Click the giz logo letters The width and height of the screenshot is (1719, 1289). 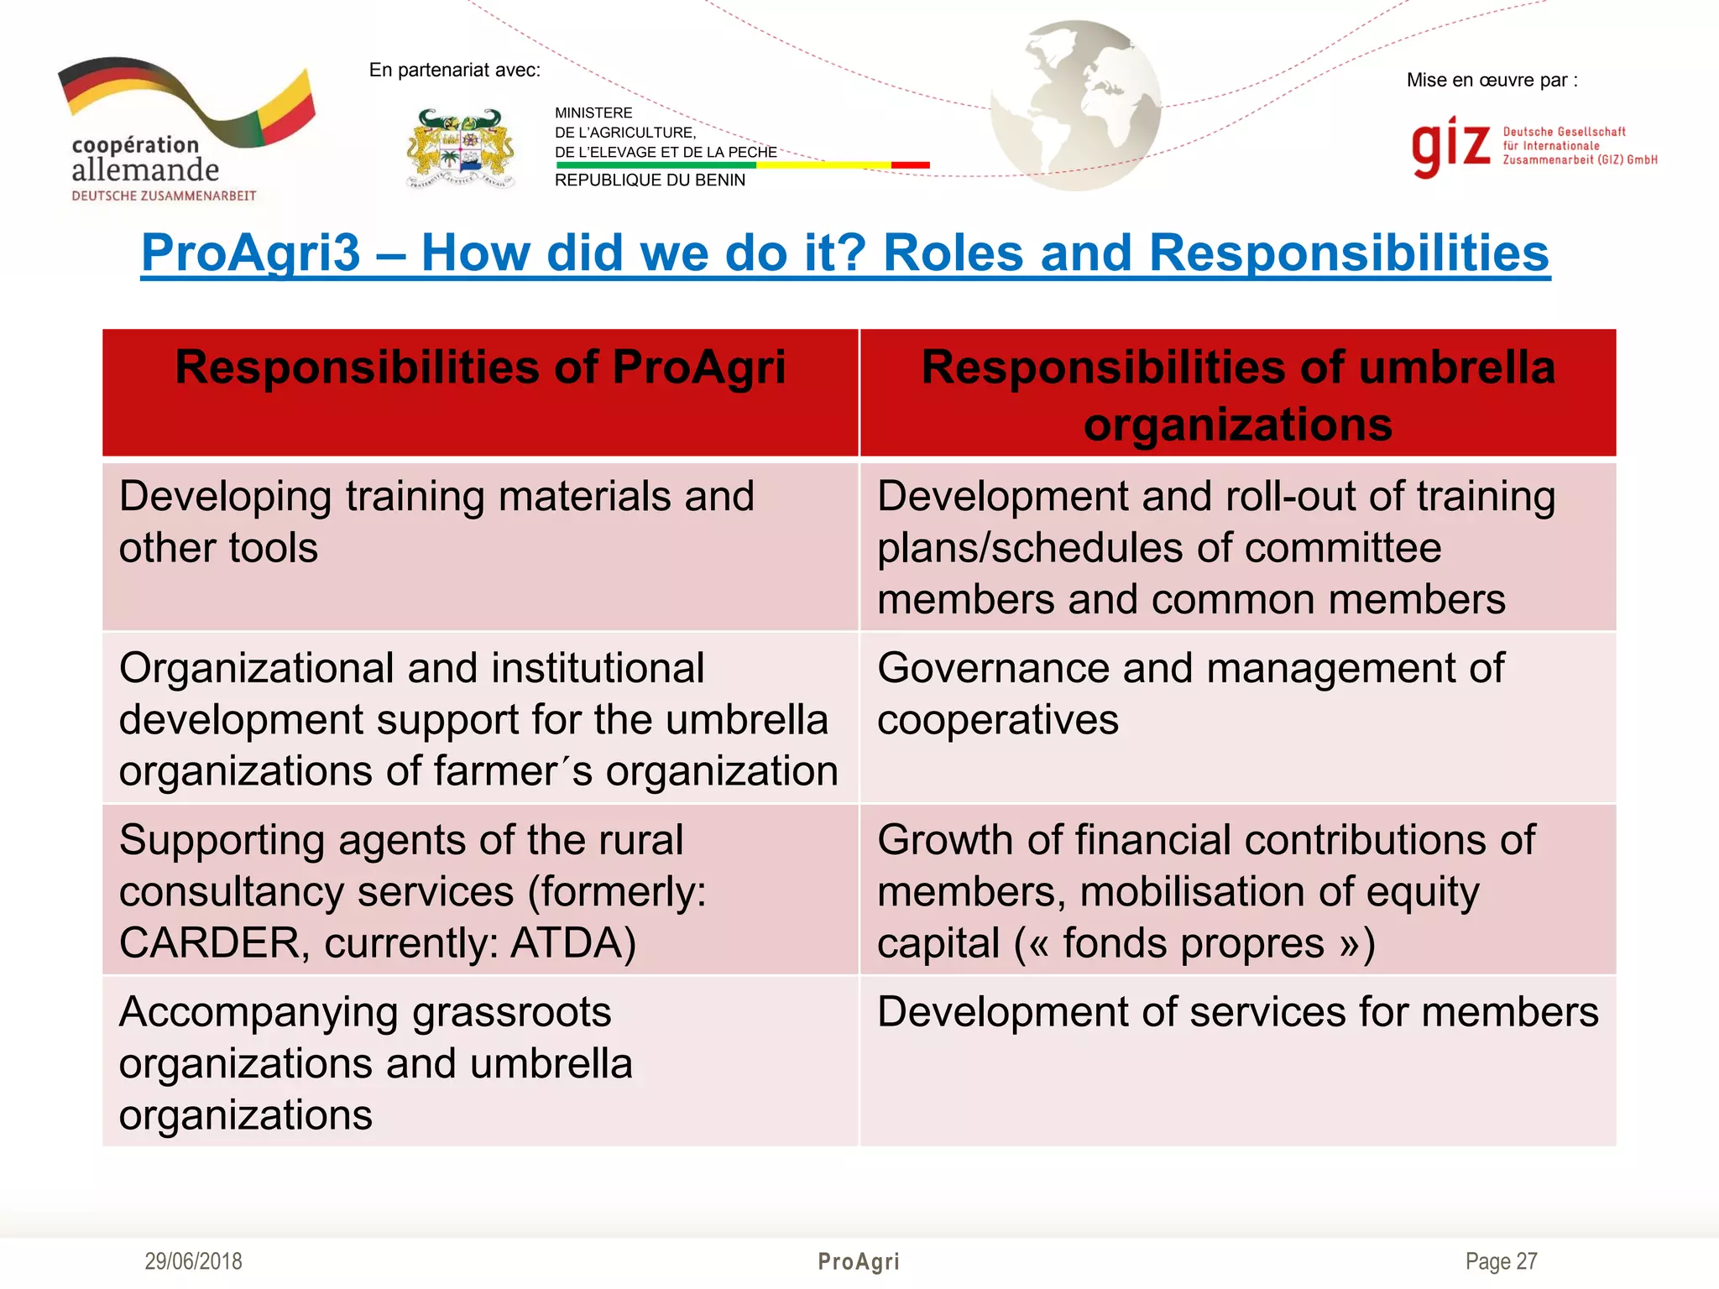coord(1450,146)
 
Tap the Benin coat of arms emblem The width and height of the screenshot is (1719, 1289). coord(460,149)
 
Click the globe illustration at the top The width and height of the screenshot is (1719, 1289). coord(1075,105)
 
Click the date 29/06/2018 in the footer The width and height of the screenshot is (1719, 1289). coord(193,1261)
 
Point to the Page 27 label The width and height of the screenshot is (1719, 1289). coord(1501,1261)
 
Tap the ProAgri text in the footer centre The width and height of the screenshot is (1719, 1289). coord(859,1261)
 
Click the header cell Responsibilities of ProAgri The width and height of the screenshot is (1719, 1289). coord(480,368)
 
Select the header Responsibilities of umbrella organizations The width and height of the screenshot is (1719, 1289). coord(1238,394)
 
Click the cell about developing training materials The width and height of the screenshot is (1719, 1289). coord(436,522)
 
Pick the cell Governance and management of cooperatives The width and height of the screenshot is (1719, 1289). coord(1190,694)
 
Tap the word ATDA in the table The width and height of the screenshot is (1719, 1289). coord(572,943)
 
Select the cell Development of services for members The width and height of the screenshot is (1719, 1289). coord(1238,1012)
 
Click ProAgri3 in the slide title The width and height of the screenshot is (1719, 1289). coord(250,253)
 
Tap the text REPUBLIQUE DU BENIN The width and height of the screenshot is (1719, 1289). coord(650,180)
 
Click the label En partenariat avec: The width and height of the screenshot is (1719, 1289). coord(454,70)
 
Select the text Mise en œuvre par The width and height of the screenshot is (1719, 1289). coord(1491,81)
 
